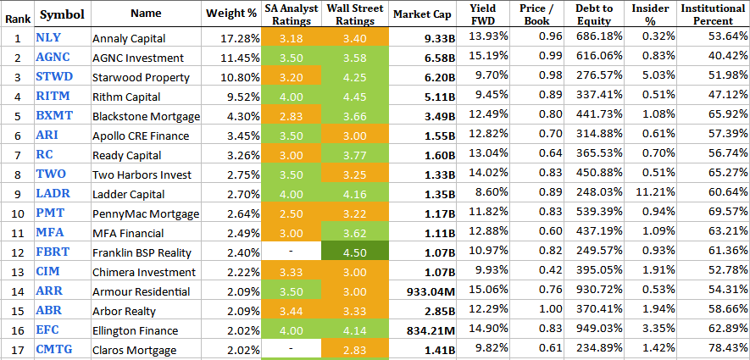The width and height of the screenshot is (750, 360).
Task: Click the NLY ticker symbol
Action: pos(48,37)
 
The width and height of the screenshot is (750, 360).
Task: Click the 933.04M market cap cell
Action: pos(427,291)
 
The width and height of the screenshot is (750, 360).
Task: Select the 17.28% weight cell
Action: pos(241,39)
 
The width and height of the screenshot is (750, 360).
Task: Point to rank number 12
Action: pos(17,252)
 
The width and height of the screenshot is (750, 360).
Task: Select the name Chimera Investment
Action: pos(145,271)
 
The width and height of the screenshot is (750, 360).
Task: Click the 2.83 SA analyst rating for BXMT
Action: pos(291,116)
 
